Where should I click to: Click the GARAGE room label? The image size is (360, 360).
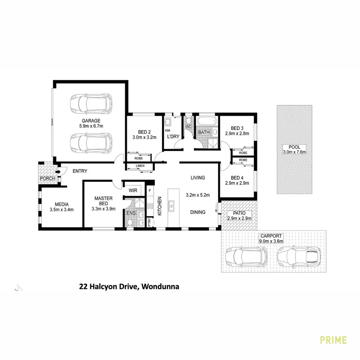(91, 120)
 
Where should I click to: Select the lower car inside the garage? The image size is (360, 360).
(91, 142)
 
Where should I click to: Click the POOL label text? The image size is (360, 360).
(295, 147)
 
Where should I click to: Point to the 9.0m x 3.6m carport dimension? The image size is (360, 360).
(272, 241)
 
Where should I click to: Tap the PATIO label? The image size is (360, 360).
(239, 213)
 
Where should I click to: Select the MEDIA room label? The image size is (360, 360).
(61, 204)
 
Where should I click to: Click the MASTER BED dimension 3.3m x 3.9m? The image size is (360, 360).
(103, 209)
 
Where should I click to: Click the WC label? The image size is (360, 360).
(188, 127)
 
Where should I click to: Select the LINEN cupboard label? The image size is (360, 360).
(140, 166)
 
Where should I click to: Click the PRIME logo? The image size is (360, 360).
(333, 340)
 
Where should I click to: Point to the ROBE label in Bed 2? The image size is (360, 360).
(139, 159)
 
